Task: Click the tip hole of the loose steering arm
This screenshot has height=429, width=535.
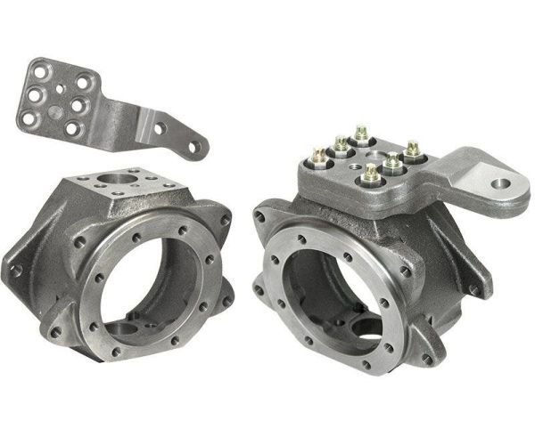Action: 190,142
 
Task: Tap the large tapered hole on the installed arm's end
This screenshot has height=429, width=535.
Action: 502,187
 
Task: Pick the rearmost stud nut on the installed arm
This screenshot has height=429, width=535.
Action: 360,134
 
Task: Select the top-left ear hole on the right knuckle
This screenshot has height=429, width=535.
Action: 259,214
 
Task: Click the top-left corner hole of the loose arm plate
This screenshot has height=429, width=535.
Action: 37,67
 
